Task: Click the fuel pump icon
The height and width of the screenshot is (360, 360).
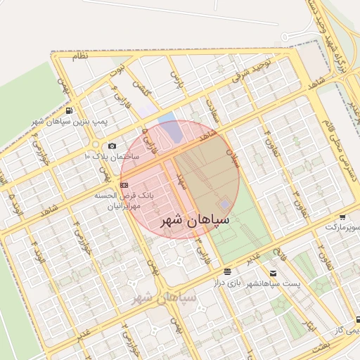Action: pyautogui.click(x=68, y=110)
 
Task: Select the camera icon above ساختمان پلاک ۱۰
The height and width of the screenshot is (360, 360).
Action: pyautogui.click(x=111, y=145)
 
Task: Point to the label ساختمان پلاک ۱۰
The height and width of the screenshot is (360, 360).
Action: pyautogui.click(x=112, y=155)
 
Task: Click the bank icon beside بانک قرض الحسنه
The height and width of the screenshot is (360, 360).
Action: pyautogui.click(x=125, y=184)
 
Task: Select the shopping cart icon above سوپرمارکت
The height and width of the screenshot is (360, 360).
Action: pyautogui.click(x=342, y=217)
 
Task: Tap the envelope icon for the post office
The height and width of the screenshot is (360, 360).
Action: pyautogui.click(x=273, y=272)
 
